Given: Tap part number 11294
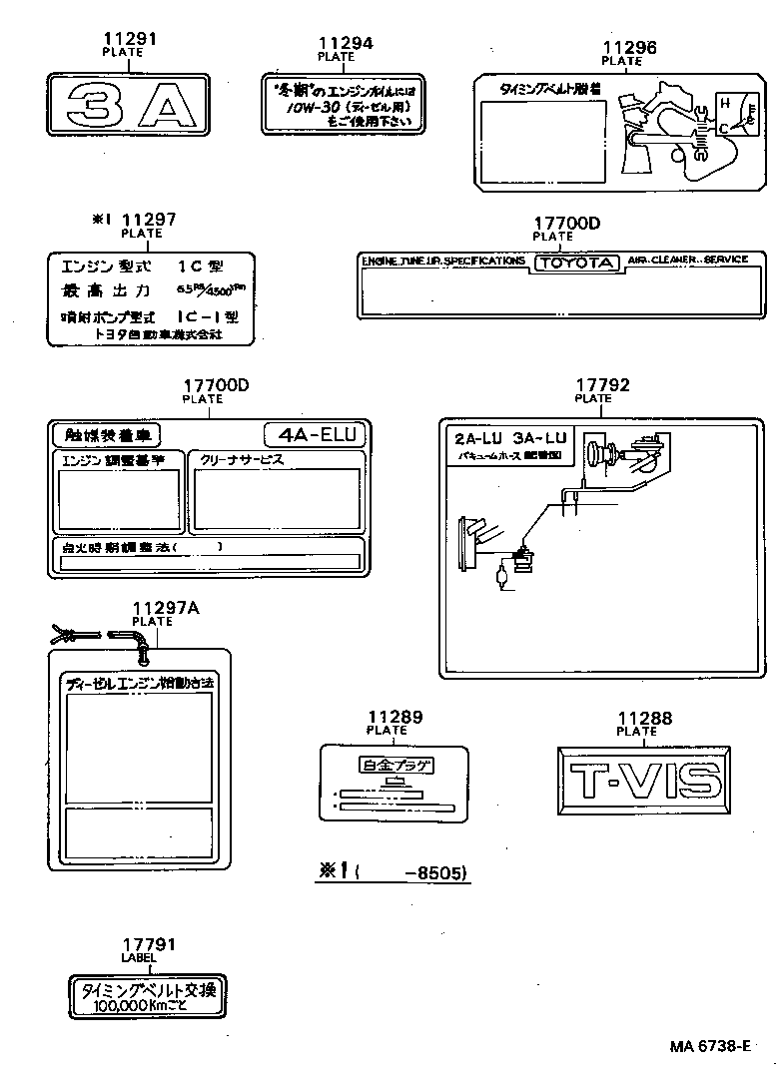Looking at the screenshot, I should coord(346,44).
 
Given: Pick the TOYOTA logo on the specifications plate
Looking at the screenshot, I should coord(577,263).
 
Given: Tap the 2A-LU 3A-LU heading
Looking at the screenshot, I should coord(509,438).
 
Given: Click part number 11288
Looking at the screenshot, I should coord(644,718).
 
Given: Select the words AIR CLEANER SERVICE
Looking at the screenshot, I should coord(687,260).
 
